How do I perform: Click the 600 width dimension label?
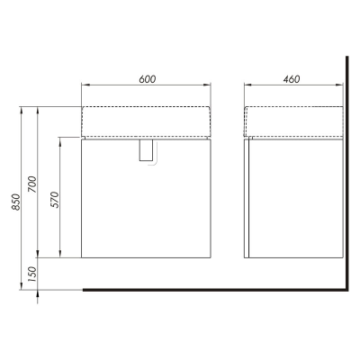click(x=148, y=79)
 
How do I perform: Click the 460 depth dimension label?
click(x=292, y=79)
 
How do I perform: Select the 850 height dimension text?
click(x=16, y=202)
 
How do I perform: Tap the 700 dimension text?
click(x=32, y=184)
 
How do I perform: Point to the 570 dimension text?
click(x=55, y=200)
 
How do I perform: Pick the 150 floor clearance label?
click(x=32, y=274)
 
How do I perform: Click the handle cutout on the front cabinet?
click(x=147, y=151)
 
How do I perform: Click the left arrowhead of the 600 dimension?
click(x=85, y=85)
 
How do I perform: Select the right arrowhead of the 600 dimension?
click(x=207, y=85)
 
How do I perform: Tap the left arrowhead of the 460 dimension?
click(x=248, y=85)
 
